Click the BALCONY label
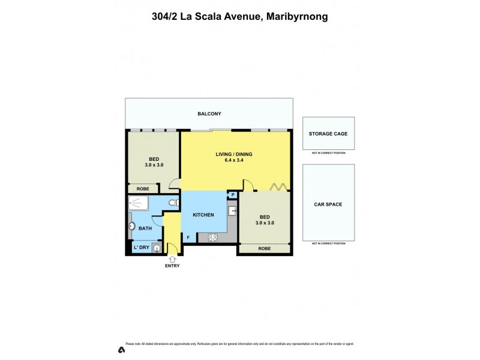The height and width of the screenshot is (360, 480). click(x=209, y=113)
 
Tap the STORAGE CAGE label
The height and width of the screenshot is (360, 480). click(x=328, y=134)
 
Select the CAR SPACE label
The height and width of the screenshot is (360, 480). click(x=328, y=205)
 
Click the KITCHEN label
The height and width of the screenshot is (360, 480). click(x=203, y=214)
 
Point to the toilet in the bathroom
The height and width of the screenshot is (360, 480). click(x=172, y=204)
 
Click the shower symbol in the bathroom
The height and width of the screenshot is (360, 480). click(x=139, y=205)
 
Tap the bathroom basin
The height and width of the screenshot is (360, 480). click(x=132, y=226)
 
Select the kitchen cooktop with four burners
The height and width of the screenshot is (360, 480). click(x=212, y=237)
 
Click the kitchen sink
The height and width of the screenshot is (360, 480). click(x=232, y=211)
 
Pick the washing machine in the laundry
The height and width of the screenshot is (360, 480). click(x=157, y=248)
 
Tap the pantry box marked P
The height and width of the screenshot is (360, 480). click(x=232, y=194)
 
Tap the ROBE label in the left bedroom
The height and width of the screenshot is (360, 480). click(x=143, y=189)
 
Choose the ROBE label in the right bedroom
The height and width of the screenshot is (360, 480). click(x=264, y=248)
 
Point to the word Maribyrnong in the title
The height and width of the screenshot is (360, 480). click(x=295, y=17)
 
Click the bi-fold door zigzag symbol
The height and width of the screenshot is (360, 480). click(x=277, y=187)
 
